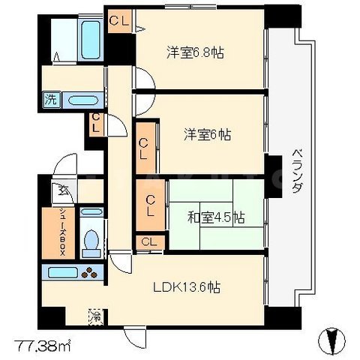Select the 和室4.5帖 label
216,217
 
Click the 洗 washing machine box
50,98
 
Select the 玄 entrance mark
57,191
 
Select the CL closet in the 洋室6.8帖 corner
118,21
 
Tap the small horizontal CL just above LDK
148,241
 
